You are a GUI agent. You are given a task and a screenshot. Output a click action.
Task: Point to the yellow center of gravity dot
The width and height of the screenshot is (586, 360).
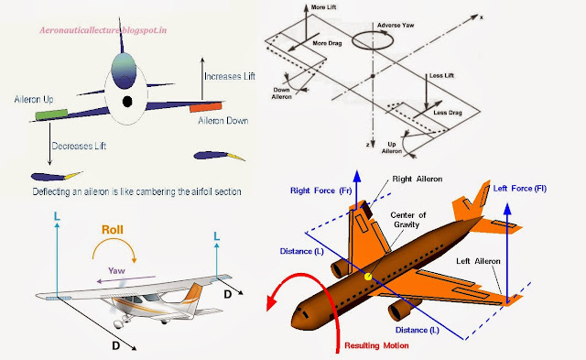tap(369, 277)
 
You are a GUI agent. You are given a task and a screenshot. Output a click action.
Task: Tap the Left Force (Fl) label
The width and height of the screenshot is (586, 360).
tap(524, 189)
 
